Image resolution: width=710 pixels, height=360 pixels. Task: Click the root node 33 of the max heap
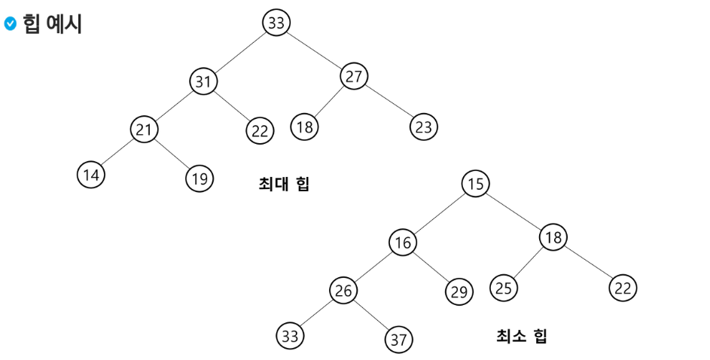pyautogui.click(x=276, y=23)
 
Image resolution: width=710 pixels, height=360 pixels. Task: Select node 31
pyautogui.click(x=203, y=81)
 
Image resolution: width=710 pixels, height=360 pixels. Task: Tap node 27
pyautogui.click(x=354, y=76)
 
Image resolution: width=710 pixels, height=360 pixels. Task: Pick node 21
pyautogui.click(x=143, y=130)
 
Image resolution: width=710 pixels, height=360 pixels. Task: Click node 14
pyautogui.click(x=91, y=175)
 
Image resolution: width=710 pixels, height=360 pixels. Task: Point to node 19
pyautogui.click(x=200, y=178)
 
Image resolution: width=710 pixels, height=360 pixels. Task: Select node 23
pyautogui.click(x=424, y=127)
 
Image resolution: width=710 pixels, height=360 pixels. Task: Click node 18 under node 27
pyautogui.click(x=304, y=127)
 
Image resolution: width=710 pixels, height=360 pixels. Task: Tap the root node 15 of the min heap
pyautogui.click(x=475, y=183)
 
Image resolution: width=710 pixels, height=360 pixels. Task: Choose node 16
pyautogui.click(x=403, y=242)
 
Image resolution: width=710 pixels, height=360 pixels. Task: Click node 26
pyautogui.click(x=343, y=291)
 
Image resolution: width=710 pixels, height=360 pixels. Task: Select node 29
pyautogui.click(x=459, y=291)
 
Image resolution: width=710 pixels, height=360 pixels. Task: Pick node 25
pyautogui.click(x=504, y=287)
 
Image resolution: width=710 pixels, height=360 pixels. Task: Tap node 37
pyautogui.click(x=398, y=339)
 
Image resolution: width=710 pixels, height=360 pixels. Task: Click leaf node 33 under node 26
pyautogui.click(x=290, y=335)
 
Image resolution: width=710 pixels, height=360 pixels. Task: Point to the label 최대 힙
pyautogui.click(x=284, y=184)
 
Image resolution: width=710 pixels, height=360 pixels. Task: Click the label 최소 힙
pyautogui.click(x=522, y=336)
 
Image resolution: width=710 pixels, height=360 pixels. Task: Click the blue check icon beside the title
pyautogui.click(x=10, y=24)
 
